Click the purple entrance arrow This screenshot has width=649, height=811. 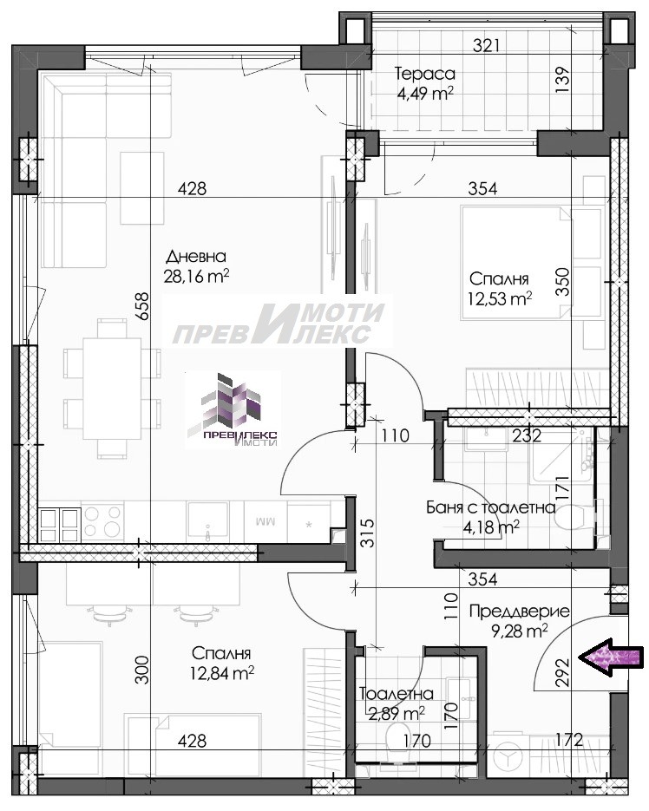coord(611,657)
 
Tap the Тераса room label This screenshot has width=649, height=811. coord(424,74)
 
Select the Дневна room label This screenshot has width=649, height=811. coord(196,257)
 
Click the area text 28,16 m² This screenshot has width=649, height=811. coord(196,277)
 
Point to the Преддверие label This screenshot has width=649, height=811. coord(519,612)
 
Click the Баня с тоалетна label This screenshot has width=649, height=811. coord(490,507)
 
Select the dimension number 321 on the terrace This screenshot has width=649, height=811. coord(487,46)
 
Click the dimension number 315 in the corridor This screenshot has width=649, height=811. coord(366,533)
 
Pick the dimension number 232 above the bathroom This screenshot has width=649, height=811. coord(527,435)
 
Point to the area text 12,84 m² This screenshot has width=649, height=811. coord(222,673)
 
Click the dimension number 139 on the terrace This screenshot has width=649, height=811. coord(564,80)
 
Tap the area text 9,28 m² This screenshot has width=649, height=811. coord(519,631)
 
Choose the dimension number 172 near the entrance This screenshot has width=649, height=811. coord(570,740)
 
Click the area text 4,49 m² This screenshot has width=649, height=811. coord(424,95)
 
